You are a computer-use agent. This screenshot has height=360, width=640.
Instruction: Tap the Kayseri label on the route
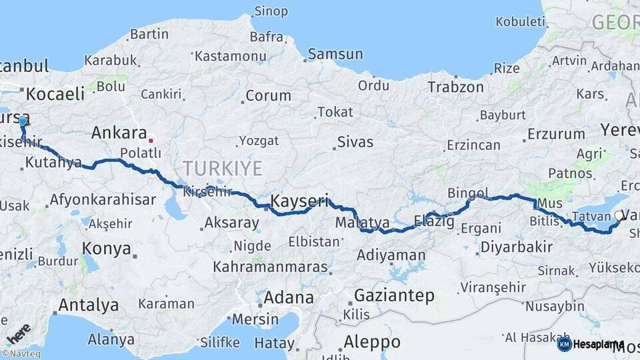click(x=300, y=200)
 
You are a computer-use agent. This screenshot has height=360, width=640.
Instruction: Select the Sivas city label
click(x=355, y=142)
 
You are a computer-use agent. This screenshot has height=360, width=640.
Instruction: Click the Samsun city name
click(x=335, y=54)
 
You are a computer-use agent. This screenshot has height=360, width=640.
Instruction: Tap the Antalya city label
click(x=89, y=305)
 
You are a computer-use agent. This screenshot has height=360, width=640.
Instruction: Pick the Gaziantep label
click(x=395, y=295)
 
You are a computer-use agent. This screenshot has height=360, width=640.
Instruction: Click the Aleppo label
click(x=372, y=342)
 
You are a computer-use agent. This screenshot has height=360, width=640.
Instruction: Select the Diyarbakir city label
click(x=516, y=247)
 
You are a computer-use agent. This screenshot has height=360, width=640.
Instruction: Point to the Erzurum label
click(x=556, y=134)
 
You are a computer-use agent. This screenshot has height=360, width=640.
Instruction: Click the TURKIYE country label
click(x=223, y=167)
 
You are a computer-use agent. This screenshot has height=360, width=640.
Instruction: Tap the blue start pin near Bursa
click(x=23, y=121)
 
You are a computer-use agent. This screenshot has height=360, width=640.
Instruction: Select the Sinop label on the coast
click(x=271, y=11)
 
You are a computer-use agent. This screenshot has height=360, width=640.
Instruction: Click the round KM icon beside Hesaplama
click(x=564, y=344)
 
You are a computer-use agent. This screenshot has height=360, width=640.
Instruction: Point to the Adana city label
click(x=289, y=297)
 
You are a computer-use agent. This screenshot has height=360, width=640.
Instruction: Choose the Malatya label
click(x=363, y=222)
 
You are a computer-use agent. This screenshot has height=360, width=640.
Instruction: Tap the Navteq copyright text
click(x=21, y=354)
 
